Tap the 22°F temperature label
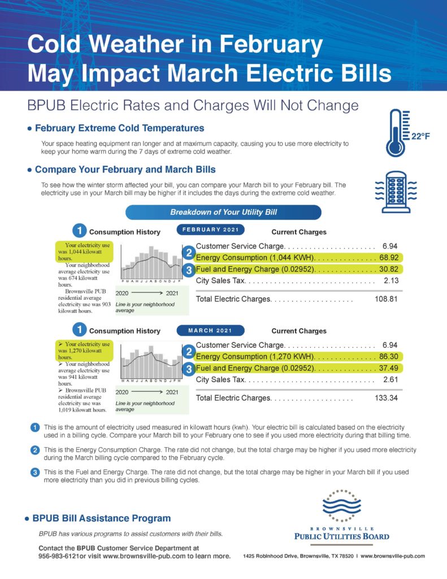tap(421, 137)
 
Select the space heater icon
tap(396, 192)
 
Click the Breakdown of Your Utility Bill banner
tap(223, 213)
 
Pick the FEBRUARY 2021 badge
tap(210, 230)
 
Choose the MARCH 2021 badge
tap(210, 330)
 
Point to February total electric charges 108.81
tap(386, 299)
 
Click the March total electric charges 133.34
tap(386, 397)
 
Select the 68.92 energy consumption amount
tap(389, 257)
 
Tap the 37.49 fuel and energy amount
tap(389, 368)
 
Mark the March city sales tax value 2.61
tap(391, 379)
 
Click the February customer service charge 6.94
tap(390, 247)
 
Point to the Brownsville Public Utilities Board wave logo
tap(341, 505)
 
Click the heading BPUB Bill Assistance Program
tap(102, 518)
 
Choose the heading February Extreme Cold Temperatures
tap(120, 128)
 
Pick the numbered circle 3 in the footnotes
tap(35, 472)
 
